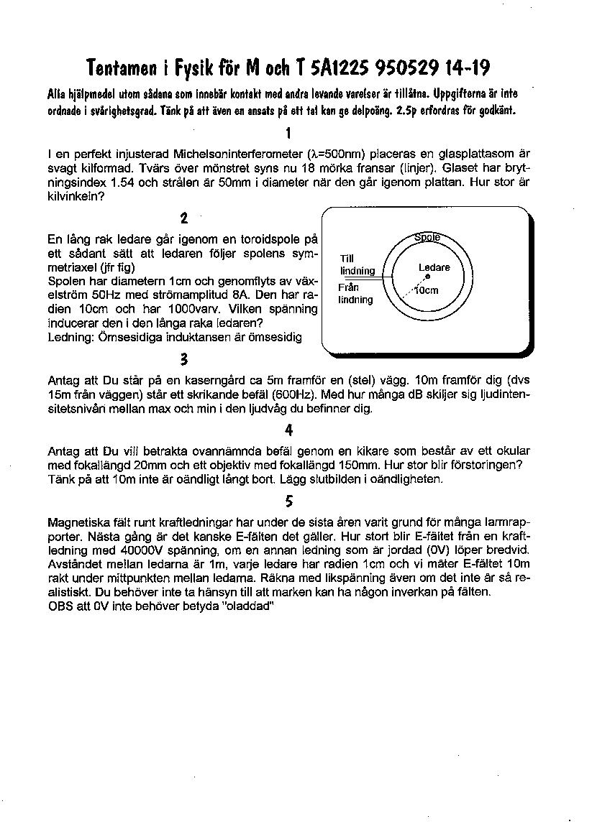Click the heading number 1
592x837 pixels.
click(288, 133)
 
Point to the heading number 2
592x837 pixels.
click(184, 218)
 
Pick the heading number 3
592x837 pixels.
click(184, 359)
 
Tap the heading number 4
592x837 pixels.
click(288, 430)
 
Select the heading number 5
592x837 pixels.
click(288, 501)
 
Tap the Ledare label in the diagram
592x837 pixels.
click(434, 267)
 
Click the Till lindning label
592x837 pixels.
click(358, 265)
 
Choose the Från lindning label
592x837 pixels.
click(355, 294)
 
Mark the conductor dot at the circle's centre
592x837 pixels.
click(427, 277)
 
